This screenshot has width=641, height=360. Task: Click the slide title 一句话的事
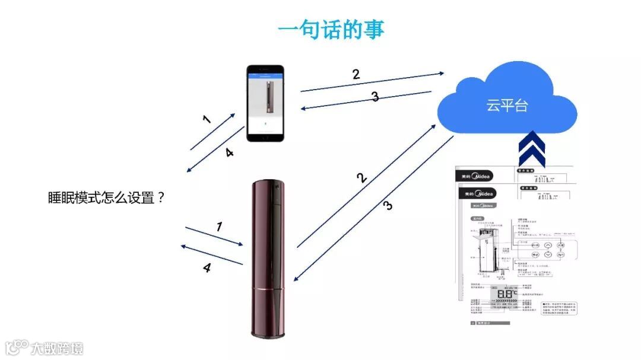(x=331, y=30)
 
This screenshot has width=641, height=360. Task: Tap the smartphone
(x=265, y=103)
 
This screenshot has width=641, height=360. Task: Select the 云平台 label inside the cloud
(x=507, y=106)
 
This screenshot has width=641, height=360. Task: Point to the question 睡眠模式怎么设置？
(x=106, y=198)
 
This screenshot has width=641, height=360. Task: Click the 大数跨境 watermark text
(x=58, y=348)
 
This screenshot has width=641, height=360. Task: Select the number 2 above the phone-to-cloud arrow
(x=356, y=75)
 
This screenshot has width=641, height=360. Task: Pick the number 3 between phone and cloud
(x=375, y=97)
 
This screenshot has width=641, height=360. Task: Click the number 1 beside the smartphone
(x=207, y=119)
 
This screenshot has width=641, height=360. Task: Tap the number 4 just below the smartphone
(x=229, y=152)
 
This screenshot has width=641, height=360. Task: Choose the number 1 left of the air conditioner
(x=219, y=226)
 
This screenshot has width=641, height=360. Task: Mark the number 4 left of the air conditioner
(x=207, y=268)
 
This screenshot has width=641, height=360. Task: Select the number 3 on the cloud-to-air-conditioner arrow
(x=388, y=206)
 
